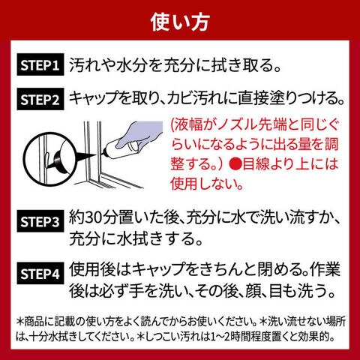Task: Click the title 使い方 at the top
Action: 180,22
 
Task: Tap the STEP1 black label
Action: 40,65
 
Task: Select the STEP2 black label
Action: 40,99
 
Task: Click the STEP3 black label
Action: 40,221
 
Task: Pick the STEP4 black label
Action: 40,273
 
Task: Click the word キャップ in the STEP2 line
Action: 99,98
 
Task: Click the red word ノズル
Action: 238,124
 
